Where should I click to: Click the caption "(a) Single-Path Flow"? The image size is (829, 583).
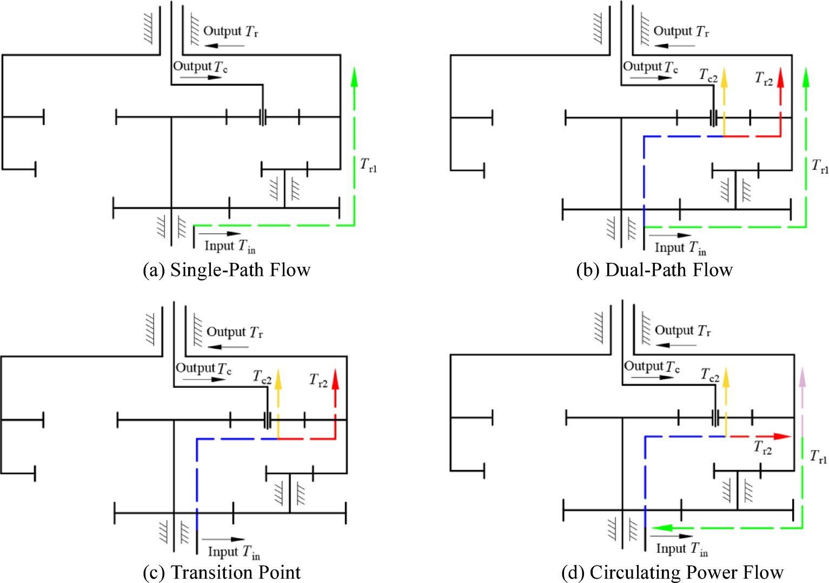click(x=227, y=270)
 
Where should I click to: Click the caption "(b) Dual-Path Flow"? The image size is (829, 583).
click(x=654, y=270)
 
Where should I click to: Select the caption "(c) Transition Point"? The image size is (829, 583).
click(x=222, y=572)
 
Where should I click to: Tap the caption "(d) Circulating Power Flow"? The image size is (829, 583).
click(x=672, y=572)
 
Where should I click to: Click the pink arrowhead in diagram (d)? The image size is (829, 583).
click(x=802, y=377)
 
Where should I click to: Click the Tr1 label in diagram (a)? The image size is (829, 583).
click(x=369, y=165)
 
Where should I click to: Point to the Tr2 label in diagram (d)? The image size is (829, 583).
click(x=763, y=448)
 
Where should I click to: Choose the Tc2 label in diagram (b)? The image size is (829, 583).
click(x=708, y=75)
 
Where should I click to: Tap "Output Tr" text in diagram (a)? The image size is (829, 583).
click(x=231, y=31)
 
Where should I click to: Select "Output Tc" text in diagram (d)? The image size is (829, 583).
click(x=652, y=367)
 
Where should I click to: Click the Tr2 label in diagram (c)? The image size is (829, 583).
click(x=318, y=381)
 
